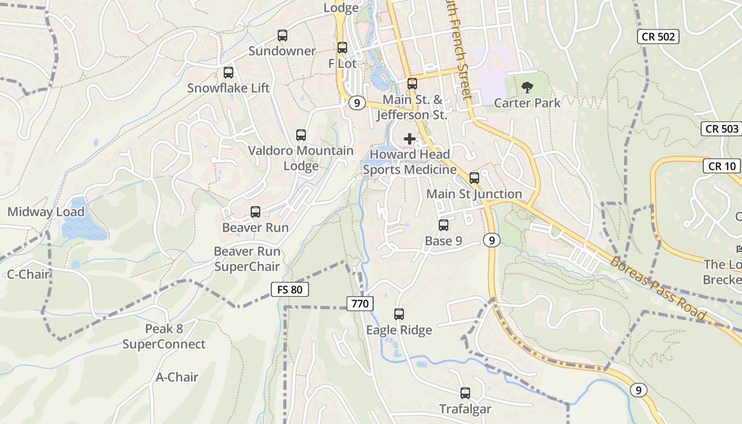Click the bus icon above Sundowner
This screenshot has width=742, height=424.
(x=282, y=36)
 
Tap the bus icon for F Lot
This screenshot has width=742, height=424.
(x=342, y=48)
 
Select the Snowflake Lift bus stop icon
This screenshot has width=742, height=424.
(x=228, y=73)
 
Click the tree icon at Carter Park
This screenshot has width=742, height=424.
(x=527, y=87)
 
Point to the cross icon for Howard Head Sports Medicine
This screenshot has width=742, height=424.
(x=410, y=139)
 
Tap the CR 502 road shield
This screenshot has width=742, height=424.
(x=658, y=36)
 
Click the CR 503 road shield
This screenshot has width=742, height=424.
(x=722, y=129)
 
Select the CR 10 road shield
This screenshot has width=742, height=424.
(x=722, y=166)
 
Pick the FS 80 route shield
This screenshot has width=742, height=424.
(x=289, y=289)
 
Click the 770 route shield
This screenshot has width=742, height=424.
(x=360, y=304)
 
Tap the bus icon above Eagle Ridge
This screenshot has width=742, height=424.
(x=399, y=314)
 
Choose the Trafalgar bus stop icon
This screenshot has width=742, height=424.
(x=465, y=393)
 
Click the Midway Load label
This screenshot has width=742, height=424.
(x=46, y=212)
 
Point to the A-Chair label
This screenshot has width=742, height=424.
(x=177, y=377)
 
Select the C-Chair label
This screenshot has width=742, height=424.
(x=28, y=274)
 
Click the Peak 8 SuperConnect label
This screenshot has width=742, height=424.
(x=164, y=337)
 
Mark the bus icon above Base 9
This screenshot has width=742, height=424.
(x=444, y=225)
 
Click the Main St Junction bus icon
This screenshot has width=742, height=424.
(x=474, y=178)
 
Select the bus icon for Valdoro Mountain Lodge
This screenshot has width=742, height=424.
(x=301, y=135)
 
